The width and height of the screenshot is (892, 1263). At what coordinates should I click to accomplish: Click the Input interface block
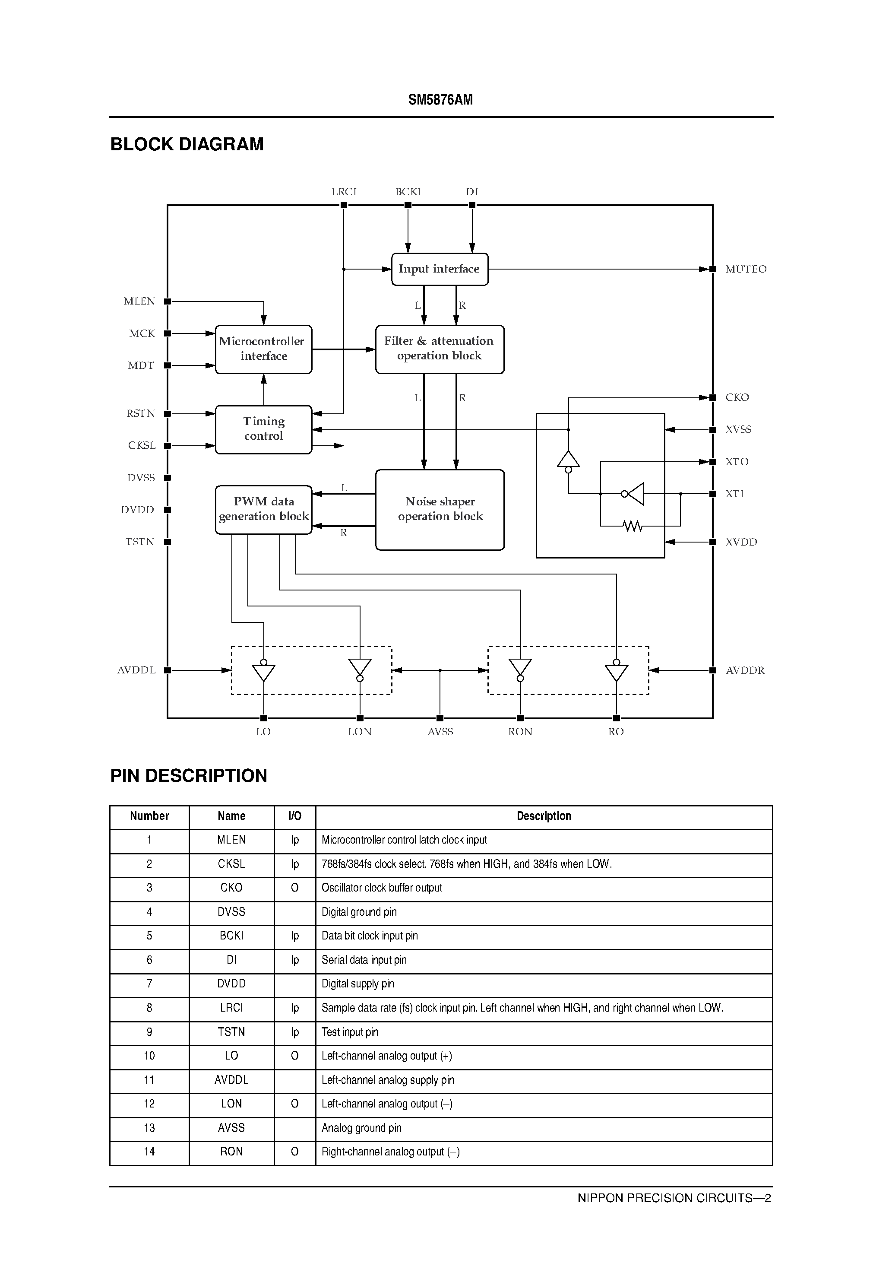(x=440, y=269)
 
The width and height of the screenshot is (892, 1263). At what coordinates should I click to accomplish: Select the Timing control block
(x=263, y=429)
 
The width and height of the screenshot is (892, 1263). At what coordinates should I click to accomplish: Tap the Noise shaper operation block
(x=440, y=509)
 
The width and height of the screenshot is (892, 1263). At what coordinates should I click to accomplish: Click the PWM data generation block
(x=263, y=509)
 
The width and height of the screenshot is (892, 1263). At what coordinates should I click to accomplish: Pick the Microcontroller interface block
(x=263, y=349)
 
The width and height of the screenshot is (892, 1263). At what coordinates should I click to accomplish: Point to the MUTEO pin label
(x=745, y=269)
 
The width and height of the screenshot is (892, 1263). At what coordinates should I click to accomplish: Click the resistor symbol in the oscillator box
(x=633, y=527)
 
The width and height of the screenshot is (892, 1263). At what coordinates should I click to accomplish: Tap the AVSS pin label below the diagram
(x=440, y=732)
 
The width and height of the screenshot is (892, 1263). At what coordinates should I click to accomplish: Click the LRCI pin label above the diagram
(x=344, y=191)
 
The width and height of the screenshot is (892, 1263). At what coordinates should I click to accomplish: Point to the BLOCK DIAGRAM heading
(x=187, y=144)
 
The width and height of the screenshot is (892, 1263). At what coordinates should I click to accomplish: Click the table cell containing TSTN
(x=231, y=1031)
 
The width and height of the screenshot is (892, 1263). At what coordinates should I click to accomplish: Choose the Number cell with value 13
(x=149, y=1128)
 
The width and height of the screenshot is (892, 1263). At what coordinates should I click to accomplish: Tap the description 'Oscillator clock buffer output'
(x=382, y=887)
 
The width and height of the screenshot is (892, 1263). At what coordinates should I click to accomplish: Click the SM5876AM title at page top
(x=440, y=100)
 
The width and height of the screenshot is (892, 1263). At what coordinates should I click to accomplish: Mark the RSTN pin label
(x=141, y=413)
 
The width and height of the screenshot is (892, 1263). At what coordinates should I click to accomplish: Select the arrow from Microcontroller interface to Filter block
(x=343, y=349)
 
